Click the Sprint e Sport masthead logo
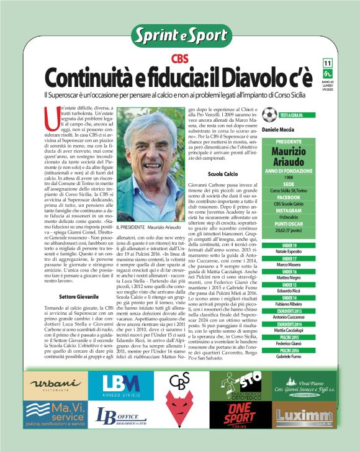[x=181, y=36]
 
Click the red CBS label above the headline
[x=181, y=59]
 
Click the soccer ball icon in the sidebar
[x=269, y=115]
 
